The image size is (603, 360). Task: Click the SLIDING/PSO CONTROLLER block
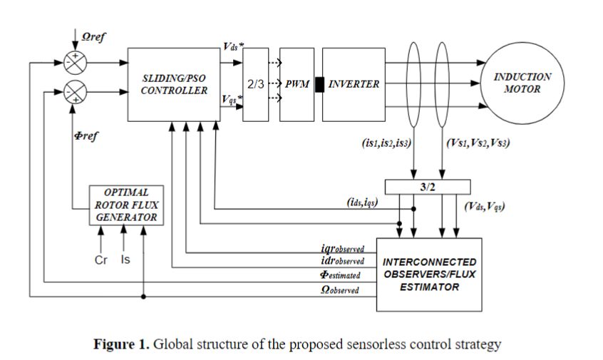coord(174,84)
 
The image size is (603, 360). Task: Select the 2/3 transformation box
coord(256,84)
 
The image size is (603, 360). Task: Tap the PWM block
coord(297,84)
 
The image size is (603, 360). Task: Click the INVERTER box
coord(354,84)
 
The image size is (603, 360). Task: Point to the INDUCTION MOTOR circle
coord(522,83)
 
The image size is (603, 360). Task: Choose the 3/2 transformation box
coord(428,186)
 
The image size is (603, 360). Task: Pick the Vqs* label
coord(230,101)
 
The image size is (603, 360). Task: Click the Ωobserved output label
coord(340,290)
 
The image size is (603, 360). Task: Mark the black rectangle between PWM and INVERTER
coord(319,84)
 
